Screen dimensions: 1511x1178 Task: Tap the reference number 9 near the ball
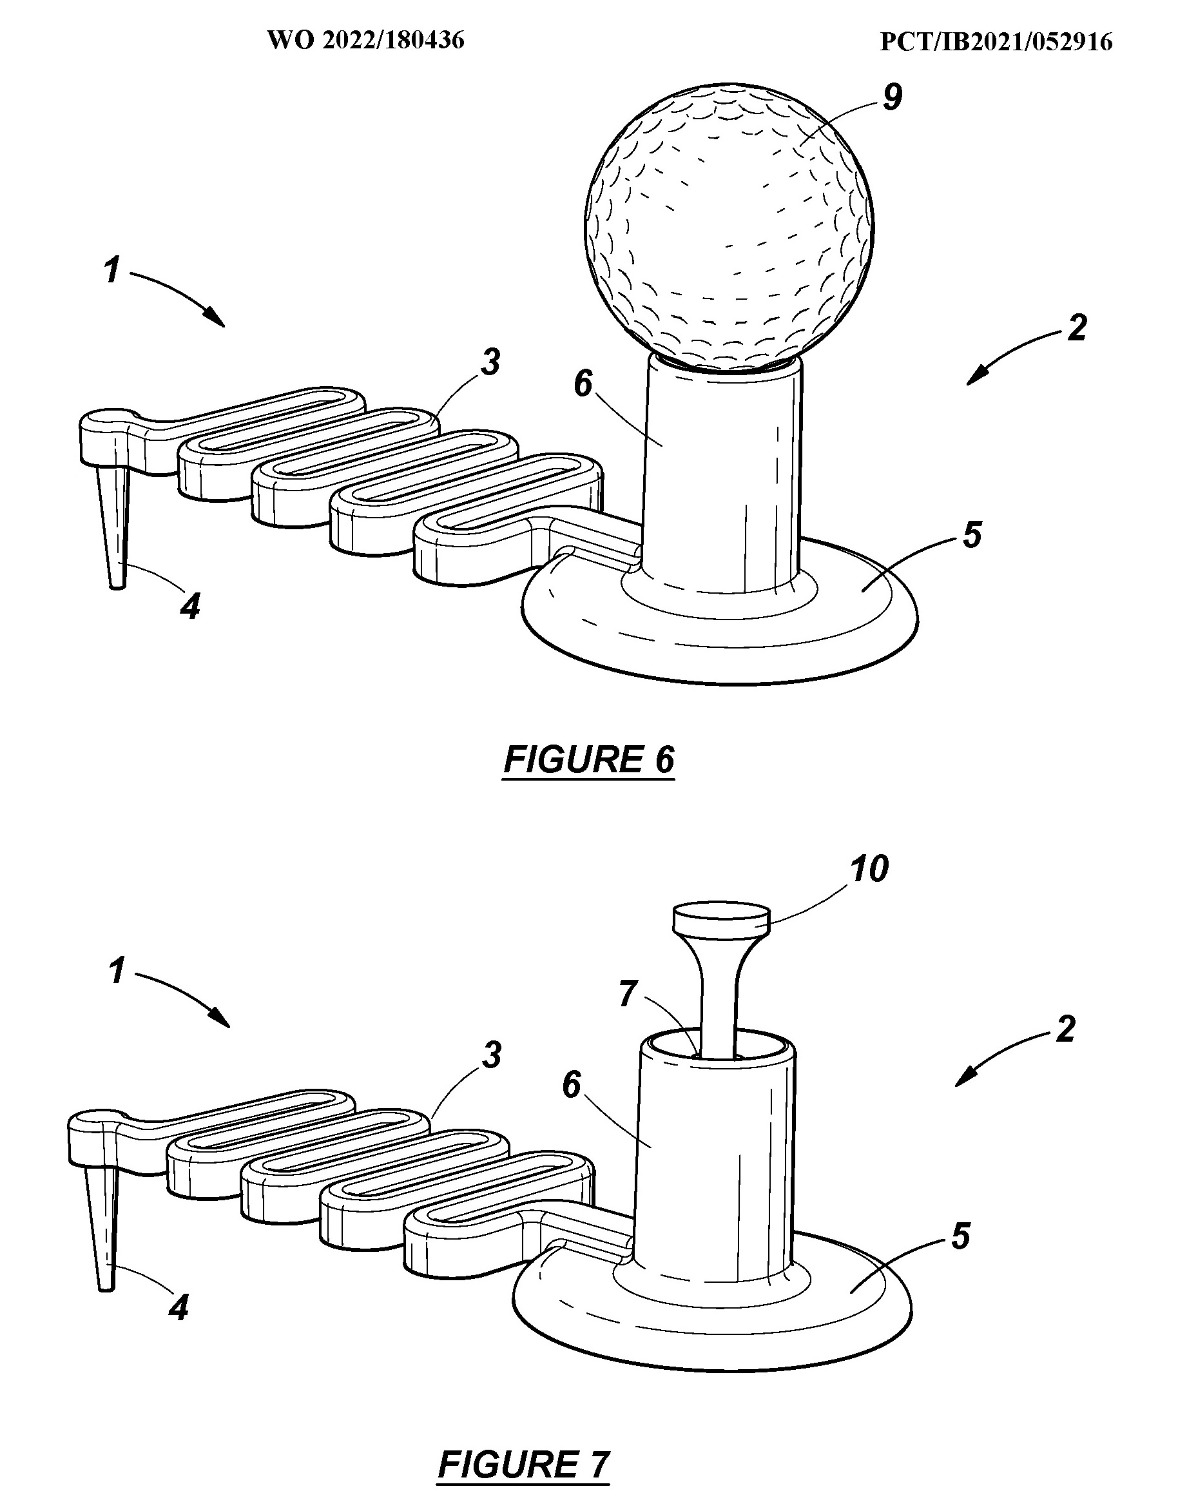click(893, 97)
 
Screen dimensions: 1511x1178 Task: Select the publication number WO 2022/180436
click(366, 41)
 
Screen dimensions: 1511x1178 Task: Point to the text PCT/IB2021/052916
click(996, 42)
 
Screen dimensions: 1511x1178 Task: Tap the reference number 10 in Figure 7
click(869, 869)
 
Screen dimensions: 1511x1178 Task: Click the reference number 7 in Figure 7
click(628, 994)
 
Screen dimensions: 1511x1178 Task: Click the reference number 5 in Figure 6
click(972, 535)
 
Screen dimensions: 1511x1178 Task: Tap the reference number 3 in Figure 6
click(490, 362)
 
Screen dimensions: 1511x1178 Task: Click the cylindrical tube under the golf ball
click(723, 478)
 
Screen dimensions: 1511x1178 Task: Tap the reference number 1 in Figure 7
click(117, 971)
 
